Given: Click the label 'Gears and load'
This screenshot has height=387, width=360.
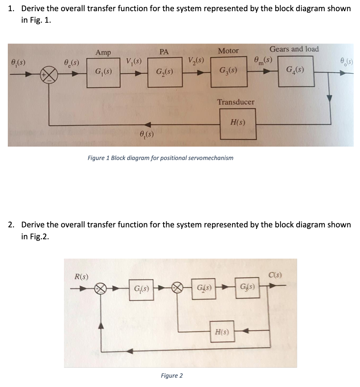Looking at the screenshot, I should coord(294,49).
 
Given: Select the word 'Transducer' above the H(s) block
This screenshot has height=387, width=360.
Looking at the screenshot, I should coord(236,102).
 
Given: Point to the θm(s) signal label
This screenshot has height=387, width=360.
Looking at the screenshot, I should coord(263,60).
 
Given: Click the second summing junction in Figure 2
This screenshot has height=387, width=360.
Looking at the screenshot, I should coord(178,288).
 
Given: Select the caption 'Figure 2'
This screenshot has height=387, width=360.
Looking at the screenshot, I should coord(171,375).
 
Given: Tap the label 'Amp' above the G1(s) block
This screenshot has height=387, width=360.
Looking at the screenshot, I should coord(103,52).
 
